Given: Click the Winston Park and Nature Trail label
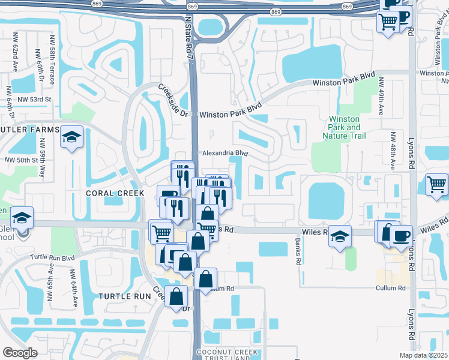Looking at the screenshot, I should (345, 127).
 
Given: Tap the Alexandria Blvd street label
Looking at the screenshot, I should (226, 154).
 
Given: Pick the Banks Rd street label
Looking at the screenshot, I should (297, 252).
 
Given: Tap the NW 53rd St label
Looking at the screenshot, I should (35, 99).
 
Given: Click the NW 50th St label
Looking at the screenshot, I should (22, 161).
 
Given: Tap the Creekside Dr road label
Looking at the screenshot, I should (174, 100).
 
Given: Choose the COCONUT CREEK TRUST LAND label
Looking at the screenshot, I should (227, 355).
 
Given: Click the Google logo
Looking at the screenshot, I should (20, 353).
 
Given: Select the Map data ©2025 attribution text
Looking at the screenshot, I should (424, 355).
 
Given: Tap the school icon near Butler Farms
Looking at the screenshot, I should (71, 138).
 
